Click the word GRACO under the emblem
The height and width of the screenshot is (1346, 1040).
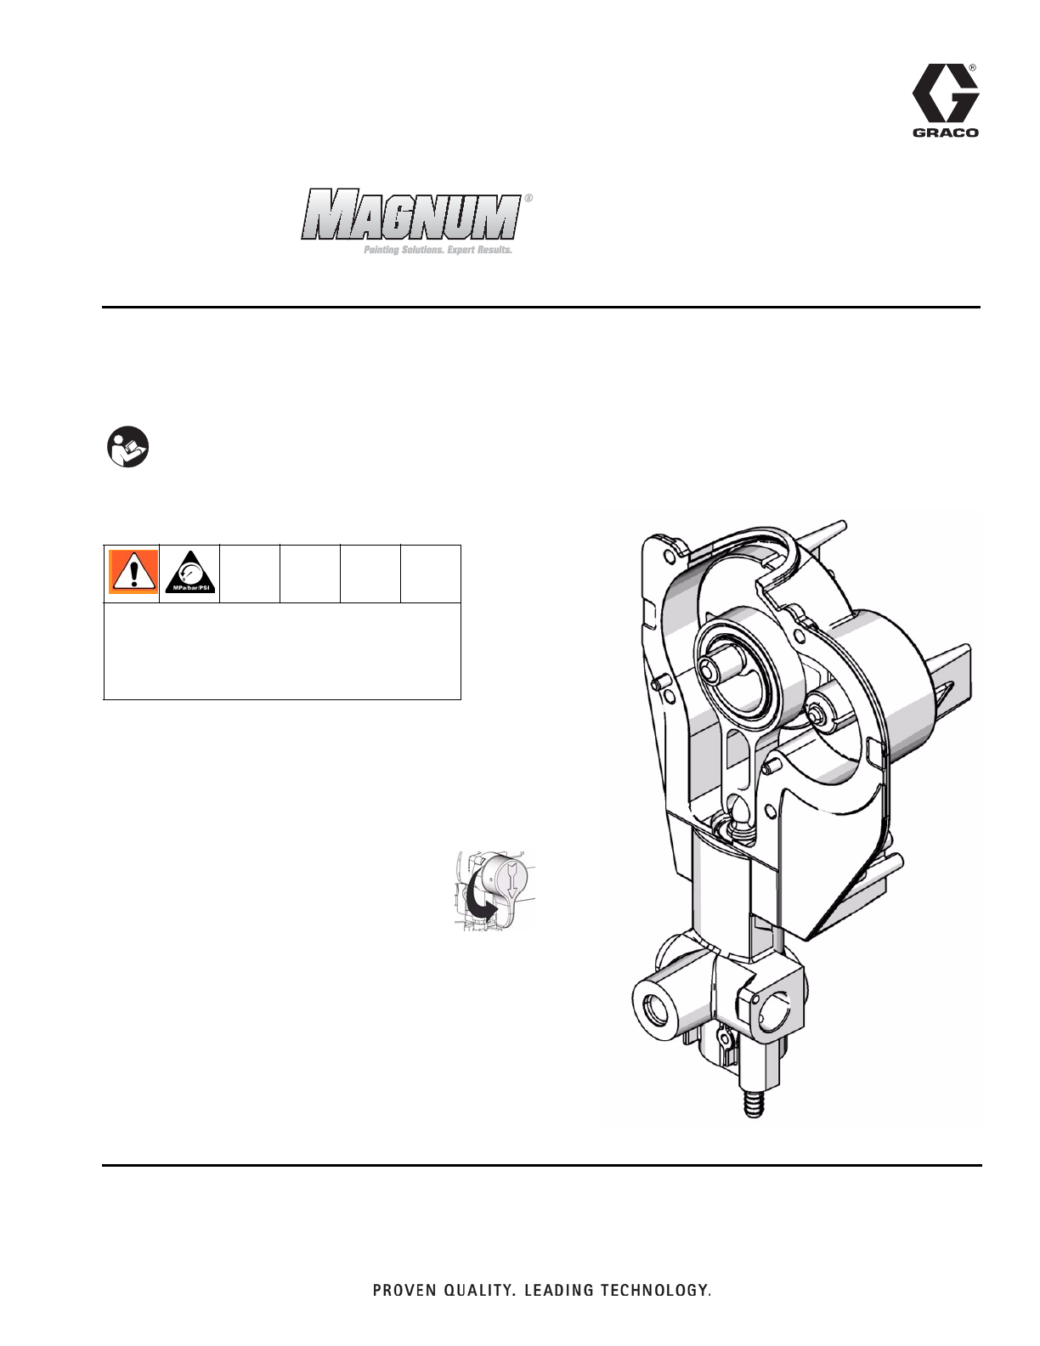point(946,133)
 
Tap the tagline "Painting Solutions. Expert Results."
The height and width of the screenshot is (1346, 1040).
point(438,252)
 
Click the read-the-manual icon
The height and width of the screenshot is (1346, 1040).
point(127,446)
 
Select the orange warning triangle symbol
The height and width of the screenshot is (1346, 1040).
point(133,571)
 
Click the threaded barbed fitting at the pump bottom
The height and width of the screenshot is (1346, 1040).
point(751,1106)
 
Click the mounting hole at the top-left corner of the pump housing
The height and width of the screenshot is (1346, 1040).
point(669,555)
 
